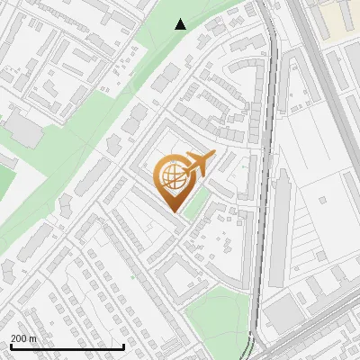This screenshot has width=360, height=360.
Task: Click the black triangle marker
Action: click(x=181, y=24)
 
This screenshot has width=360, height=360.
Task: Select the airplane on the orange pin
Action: click(x=196, y=165)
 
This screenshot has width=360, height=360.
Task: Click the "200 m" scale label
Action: click(x=23, y=338)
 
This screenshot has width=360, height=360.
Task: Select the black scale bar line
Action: click(x=67, y=346)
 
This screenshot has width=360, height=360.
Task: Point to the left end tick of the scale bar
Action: click(x=11, y=345)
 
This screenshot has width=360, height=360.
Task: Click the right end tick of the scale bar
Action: click(x=123, y=345)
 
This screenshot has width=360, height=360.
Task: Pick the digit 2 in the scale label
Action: click(x=13, y=338)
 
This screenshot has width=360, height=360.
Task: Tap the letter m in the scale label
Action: click(x=32, y=338)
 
